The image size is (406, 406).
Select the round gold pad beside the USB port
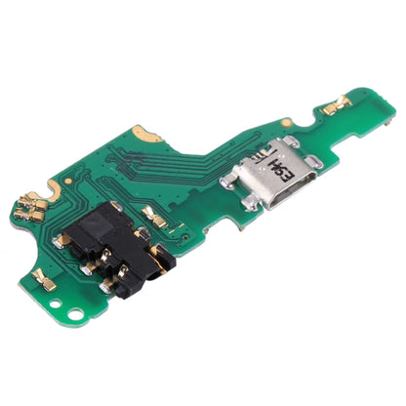tap(286, 123)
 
